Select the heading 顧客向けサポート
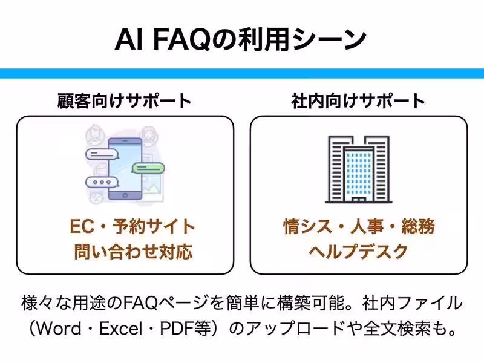click(125, 100)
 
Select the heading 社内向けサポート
click(358, 100)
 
